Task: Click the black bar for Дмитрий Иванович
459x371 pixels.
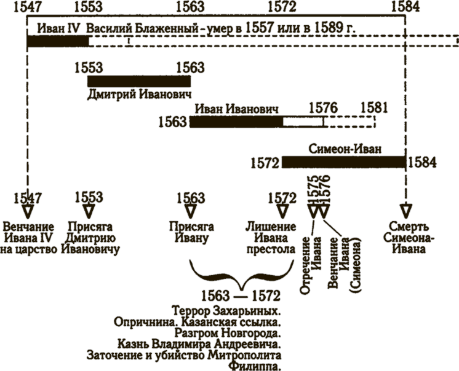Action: click(139, 81)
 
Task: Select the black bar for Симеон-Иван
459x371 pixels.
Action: click(344, 162)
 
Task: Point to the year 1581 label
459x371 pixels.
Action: click(374, 107)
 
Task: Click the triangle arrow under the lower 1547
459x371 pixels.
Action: click(28, 211)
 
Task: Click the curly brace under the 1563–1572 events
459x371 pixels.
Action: click(242, 275)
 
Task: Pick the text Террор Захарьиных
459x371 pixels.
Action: click(226, 311)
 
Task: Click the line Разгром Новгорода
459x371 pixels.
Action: click(228, 333)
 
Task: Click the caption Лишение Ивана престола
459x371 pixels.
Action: click(271, 238)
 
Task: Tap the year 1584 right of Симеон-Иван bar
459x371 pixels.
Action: click(422, 162)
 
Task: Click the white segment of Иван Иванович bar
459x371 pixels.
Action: click(303, 122)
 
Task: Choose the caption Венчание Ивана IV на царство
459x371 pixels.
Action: click(28, 238)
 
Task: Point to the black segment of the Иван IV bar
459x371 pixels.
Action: click(58, 42)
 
